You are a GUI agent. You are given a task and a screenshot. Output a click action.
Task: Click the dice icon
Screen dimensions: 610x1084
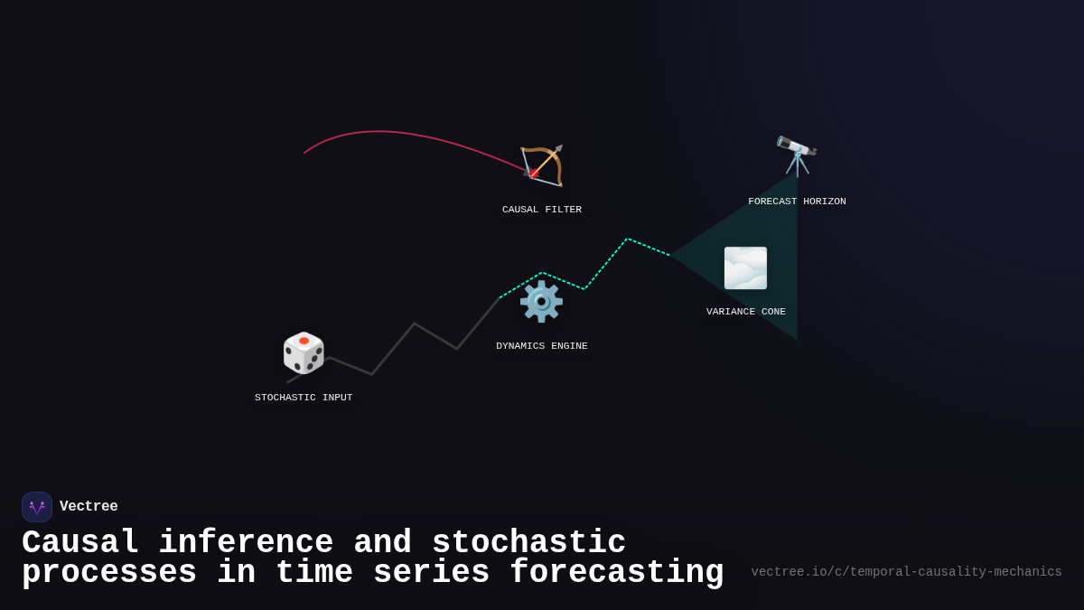point(304,352)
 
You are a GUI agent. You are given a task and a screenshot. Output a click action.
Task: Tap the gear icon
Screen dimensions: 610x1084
point(541,301)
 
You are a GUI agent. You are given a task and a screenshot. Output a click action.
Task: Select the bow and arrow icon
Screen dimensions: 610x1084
point(542,165)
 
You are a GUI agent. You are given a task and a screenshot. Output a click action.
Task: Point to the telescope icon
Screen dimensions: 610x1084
point(797,155)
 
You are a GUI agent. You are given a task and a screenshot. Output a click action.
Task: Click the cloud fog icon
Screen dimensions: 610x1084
point(745,268)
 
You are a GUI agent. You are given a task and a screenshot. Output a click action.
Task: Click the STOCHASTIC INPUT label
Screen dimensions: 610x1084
point(304,398)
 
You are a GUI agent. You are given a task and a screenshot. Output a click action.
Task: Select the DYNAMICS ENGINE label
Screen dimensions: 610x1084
point(542,346)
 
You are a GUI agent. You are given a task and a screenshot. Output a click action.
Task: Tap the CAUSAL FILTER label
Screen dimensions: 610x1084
point(542,210)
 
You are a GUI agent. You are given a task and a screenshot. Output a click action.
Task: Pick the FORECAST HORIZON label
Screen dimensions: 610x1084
point(797,202)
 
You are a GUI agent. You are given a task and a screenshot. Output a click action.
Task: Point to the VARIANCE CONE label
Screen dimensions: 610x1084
point(746,312)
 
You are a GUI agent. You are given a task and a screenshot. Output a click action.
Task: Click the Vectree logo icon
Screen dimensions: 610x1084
point(37,507)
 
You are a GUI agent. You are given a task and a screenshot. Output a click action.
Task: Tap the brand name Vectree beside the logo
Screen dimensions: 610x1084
point(89,507)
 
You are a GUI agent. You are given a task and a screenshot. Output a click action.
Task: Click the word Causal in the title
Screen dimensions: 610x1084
point(80,543)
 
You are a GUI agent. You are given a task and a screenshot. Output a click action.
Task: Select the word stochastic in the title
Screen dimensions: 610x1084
point(528,543)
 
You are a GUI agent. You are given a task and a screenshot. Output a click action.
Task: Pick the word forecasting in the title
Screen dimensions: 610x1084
point(617,573)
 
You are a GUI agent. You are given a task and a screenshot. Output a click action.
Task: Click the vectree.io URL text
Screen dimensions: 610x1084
point(906,572)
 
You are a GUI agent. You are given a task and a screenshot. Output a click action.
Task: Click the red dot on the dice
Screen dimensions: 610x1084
point(304,341)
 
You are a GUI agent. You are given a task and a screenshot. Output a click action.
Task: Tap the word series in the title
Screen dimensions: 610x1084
point(432,573)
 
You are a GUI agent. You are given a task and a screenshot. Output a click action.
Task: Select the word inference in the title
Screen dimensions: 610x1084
point(246,543)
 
